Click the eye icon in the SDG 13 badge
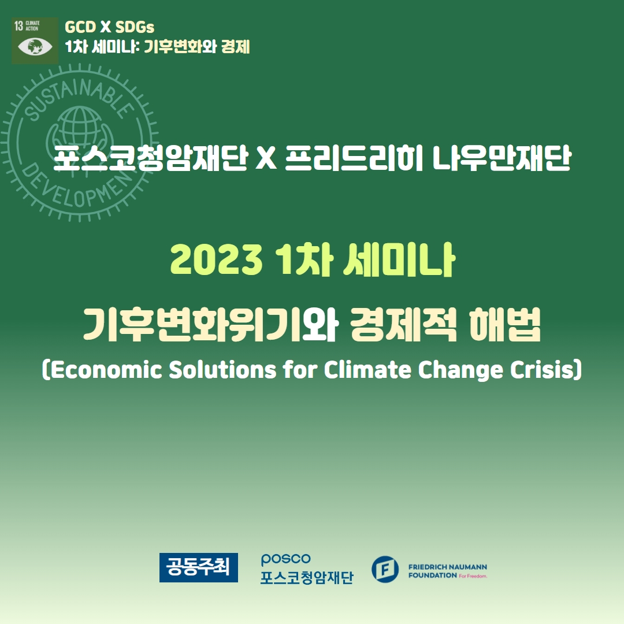point(35,47)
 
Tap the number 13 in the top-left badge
point(18,26)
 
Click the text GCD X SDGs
point(109,27)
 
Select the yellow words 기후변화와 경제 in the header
point(196,47)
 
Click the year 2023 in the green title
point(216,259)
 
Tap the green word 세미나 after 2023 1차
point(399,259)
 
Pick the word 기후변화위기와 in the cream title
point(210,325)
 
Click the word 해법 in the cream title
point(505,325)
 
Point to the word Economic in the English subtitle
point(106,370)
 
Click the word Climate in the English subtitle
point(367,370)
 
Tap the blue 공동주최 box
point(199,567)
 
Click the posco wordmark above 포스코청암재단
point(286,559)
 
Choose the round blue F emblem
point(385,569)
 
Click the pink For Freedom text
point(473,576)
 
